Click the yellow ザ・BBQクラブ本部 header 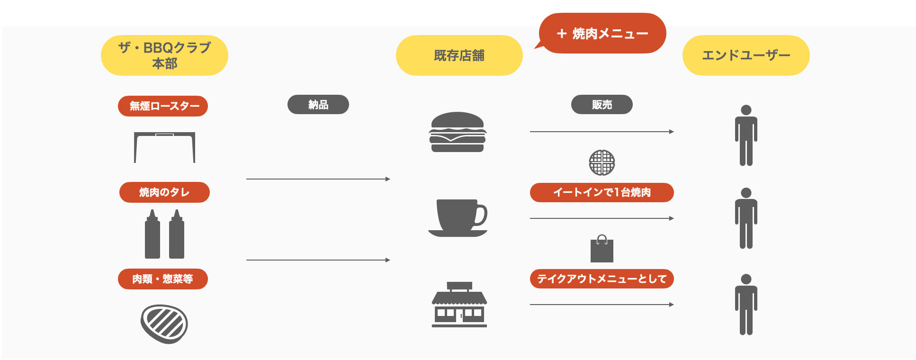click(164, 55)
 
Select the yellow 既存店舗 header click(459, 55)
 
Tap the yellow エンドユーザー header click(745, 55)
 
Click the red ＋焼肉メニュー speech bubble click(602, 33)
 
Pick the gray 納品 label click(318, 105)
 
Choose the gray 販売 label click(602, 105)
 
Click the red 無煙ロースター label click(163, 106)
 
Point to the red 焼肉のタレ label click(164, 192)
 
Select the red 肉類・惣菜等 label click(163, 279)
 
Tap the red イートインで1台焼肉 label click(602, 192)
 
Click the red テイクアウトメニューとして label click(602, 279)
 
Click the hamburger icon click(458, 132)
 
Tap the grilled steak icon click(164, 324)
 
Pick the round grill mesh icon click(602, 162)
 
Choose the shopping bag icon click(602, 249)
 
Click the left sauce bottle click(152, 235)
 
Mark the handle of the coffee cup click(481, 216)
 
